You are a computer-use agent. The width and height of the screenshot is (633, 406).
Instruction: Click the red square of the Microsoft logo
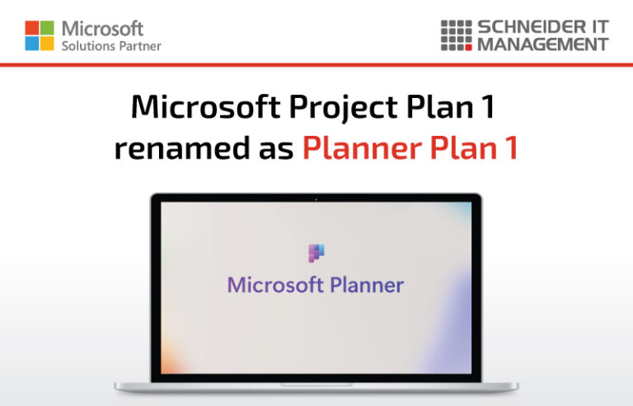pos(32,27)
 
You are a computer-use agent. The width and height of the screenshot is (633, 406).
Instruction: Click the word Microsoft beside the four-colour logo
pos(102,29)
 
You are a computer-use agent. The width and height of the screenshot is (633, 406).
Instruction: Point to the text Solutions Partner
pos(111,46)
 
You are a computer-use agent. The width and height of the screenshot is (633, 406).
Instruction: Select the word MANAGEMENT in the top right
pos(542,44)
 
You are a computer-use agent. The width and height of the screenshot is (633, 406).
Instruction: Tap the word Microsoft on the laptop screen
pos(275,286)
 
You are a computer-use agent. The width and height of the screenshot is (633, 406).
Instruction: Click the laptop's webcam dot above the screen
pos(316,198)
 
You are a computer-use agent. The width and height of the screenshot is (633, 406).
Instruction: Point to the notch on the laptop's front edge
pos(316,384)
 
